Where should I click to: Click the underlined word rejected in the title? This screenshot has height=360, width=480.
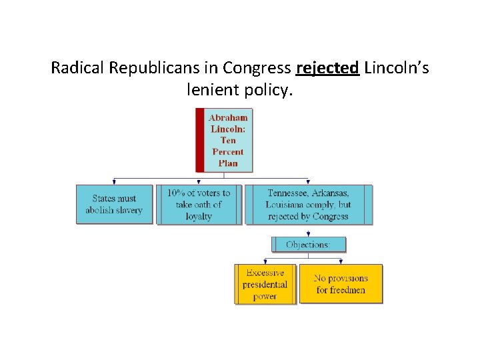(x=328, y=68)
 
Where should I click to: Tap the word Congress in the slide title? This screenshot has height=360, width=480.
(x=257, y=68)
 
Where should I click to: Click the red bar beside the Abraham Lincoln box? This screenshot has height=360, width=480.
(x=199, y=140)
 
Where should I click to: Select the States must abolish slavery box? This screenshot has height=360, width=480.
(x=114, y=204)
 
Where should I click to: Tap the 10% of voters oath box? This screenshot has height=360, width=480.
(x=199, y=204)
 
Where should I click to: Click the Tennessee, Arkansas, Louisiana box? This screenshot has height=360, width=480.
(x=308, y=204)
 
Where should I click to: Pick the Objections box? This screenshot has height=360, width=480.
(x=308, y=245)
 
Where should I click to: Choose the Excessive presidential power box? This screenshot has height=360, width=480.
(x=265, y=285)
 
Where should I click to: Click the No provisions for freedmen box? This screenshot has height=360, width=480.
(x=341, y=285)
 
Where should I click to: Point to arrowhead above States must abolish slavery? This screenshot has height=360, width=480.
(x=115, y=182)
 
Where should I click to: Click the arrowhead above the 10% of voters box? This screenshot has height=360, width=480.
(x=199, y=182)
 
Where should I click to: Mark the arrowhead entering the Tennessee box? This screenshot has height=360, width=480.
(x=308, y=182)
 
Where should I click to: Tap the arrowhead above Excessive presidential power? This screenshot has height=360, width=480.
(x=265, y=261)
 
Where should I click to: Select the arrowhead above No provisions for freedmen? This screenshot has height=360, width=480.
(x=341, y=261)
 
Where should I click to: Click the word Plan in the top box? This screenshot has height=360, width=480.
(x=228, y=163)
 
